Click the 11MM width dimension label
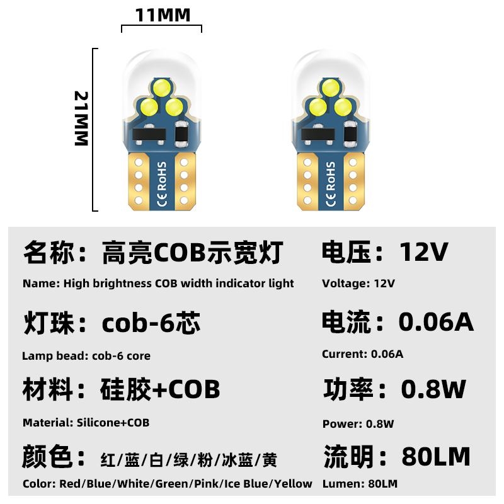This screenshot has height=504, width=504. click(x=163, y=14)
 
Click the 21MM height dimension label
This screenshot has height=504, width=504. click(x=83, y=118)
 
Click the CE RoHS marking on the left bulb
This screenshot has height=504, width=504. click(x=161, y=185)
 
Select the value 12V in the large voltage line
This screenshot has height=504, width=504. click(x=424, y=253)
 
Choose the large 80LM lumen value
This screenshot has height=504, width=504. click(x=436, y=456)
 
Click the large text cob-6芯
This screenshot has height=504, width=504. click(x=151, y=323)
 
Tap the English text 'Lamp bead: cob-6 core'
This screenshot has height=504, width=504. click(x=86, y=356)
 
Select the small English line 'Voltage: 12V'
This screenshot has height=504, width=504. click(x=358, y=283)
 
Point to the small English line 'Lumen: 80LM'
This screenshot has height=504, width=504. click(x=360, y=484)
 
